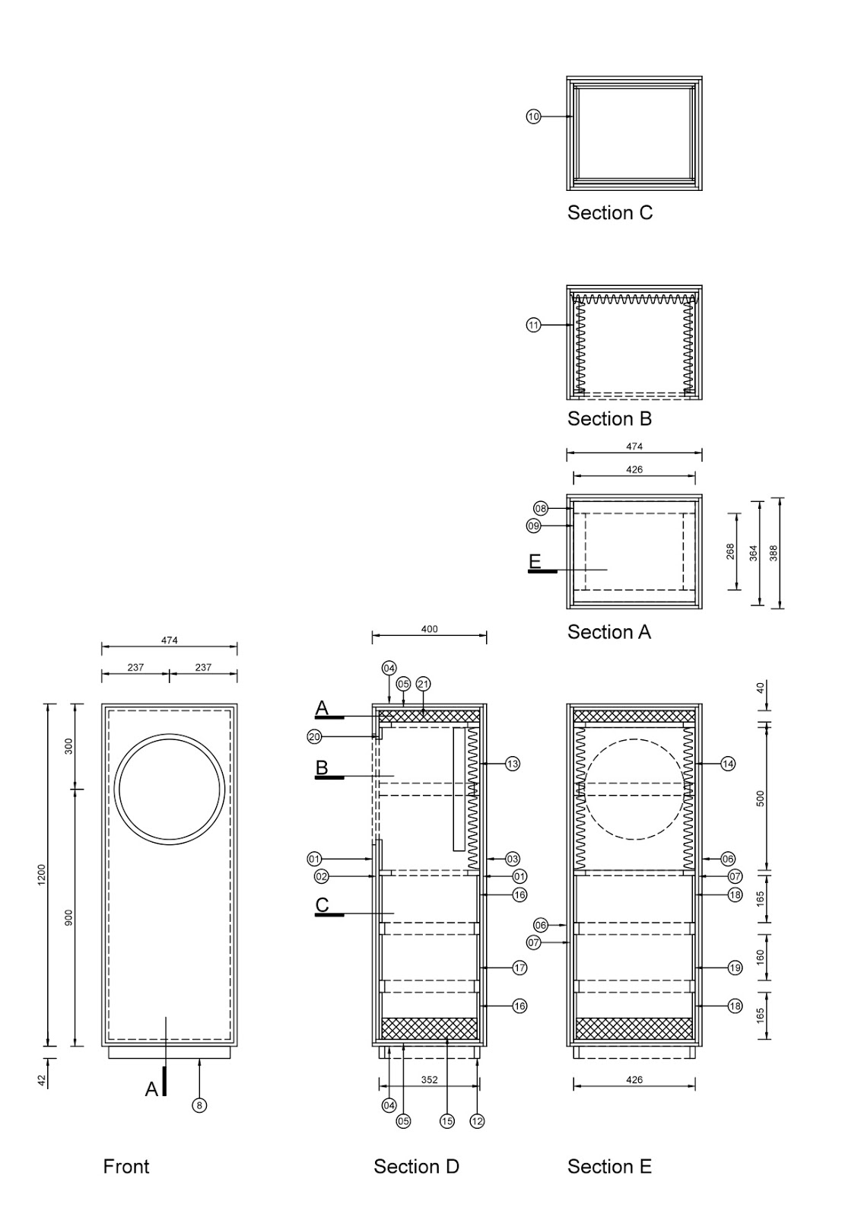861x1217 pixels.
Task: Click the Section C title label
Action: click(609, 213)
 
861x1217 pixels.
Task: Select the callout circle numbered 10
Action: click(533, 116)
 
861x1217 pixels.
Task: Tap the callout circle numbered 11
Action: click(533, 326)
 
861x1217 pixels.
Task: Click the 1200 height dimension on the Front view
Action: click(43, 875)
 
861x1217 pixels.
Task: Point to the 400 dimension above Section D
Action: click(429, 630)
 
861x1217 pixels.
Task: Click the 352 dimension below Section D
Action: click(429, 1079)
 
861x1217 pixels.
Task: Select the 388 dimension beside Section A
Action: click(774, 553)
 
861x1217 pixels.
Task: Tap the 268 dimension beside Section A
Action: click(730, 551)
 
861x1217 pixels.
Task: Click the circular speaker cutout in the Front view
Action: click(170, 789)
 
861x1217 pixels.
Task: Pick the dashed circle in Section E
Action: click(634, 789)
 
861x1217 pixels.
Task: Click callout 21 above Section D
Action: click(423, 684)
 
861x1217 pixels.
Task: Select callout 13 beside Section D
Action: click(513, 764)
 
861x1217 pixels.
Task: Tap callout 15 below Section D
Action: click(446, 1121)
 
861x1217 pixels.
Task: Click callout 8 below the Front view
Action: click(199, 1105)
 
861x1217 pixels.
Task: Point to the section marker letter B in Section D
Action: click(322, 768)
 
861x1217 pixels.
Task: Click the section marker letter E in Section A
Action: click(535, 561)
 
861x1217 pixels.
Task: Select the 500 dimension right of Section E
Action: click(761, 798)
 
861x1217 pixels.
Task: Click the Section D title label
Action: click(416, 1167)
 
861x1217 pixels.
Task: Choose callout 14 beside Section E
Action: click(728, 764)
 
